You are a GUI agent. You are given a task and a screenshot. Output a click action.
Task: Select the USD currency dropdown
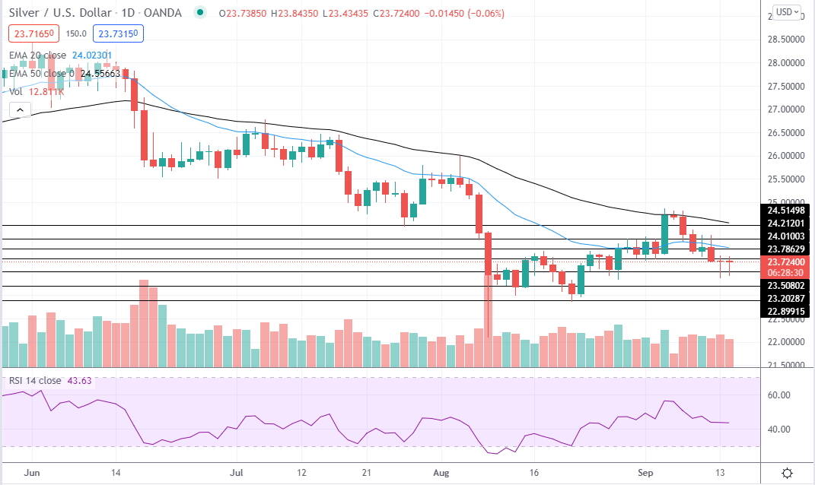coord(786,12)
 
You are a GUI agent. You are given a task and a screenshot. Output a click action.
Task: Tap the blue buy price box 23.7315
coord(118,33)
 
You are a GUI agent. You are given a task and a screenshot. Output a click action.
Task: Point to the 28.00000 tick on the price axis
coord(785,63)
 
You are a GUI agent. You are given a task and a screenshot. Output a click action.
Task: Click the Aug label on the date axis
coord(441,471)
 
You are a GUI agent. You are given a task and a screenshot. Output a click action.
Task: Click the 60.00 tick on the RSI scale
coord(778,395)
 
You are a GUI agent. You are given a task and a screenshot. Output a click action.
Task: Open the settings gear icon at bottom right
coord(789,472)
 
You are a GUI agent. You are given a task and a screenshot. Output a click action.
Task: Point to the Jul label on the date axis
coord(237,471)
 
